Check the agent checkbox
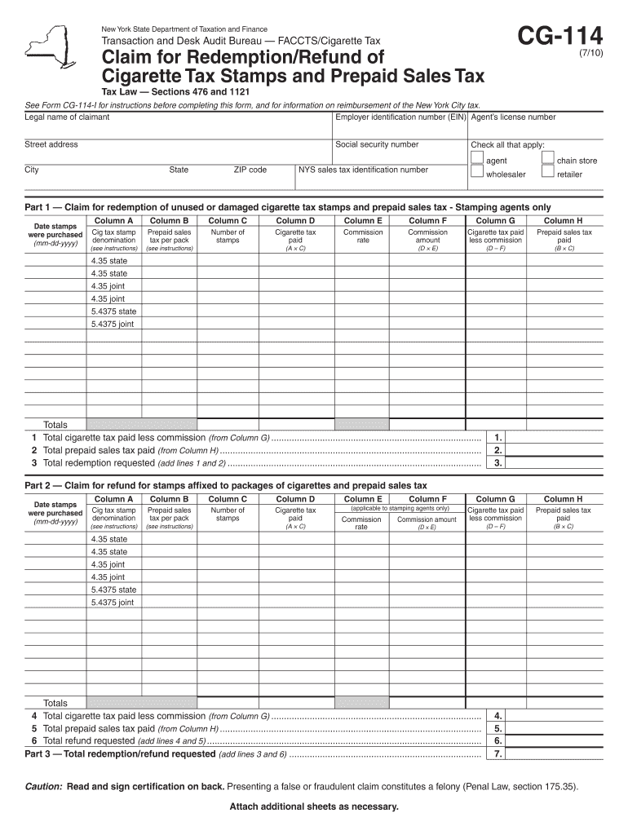tap(477, 160)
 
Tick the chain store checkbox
tap(548, 160)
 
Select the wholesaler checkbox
tap(477, 173)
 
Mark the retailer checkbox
tap(548, 173)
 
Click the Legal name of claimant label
tap(67, 117)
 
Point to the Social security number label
tap(377, 144)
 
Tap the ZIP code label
tap(250, 170)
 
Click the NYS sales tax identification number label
tap(363, 170)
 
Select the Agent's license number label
tap(513, 117)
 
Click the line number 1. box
tap(498, 437)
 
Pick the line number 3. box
tap(498, 463)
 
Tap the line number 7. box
tap(498, 754)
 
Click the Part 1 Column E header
tap(363, 220)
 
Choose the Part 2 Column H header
tap(563, 499)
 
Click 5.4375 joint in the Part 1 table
tap(113, 325)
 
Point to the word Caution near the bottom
tap(43, 787)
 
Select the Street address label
tap(51, 144)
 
